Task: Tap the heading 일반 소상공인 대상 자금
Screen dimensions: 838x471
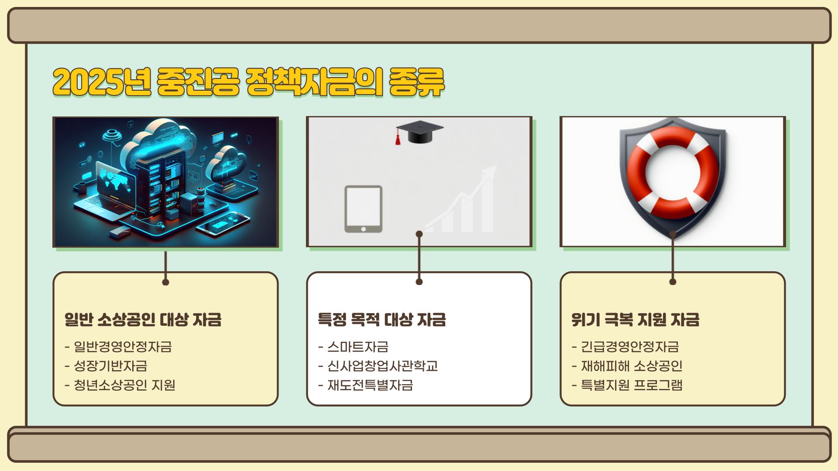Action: click(143, 320)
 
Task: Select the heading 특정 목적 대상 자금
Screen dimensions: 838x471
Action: click(382, 320)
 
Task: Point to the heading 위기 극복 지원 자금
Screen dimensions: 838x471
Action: click(635, 320)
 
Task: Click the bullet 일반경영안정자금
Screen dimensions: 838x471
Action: click(123, 347)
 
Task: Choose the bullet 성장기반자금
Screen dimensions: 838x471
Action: click(110, 366)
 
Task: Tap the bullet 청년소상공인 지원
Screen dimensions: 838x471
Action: click(124, 385)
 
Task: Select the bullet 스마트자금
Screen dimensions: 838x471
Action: click(358, 347)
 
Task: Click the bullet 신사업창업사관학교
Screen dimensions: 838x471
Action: click(382, 366)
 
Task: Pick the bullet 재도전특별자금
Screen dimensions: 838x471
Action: click(370, 385)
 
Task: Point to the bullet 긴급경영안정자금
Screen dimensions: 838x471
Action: click(630, 347)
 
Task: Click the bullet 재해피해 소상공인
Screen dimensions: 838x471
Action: click(632, 366)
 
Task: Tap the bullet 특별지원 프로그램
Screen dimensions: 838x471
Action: click(632, 385)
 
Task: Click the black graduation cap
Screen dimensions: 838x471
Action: click(420, 131)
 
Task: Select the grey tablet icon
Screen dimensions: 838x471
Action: click(363, 209)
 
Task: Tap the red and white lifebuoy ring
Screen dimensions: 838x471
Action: click(672, 173)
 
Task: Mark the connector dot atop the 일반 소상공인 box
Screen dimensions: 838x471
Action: click(165, 282)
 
